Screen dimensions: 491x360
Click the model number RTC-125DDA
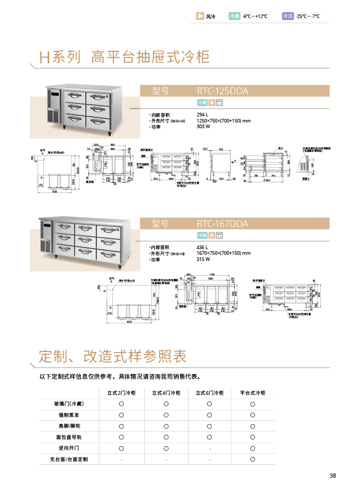tap(222, 91)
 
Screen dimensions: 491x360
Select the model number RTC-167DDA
tap(222, 224)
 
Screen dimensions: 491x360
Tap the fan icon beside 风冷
tap(200, 16)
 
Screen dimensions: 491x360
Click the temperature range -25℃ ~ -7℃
tap(308, 16)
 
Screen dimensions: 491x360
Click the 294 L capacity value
tap(202, 114)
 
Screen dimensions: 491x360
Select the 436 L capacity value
tap(202, 247)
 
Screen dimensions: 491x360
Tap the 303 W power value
tap(204, 127)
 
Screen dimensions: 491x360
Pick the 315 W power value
tap(204, 259)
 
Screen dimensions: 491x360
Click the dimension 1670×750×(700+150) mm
tap(224, 253)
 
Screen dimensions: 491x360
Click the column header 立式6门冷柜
tap(210, 393)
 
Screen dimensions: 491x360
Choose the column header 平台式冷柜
tap(253, 393)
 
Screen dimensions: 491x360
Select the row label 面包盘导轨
tap(68, 437)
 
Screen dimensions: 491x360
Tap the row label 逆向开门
tap(68, 448)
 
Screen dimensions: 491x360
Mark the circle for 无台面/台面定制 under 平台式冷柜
tap(253, 459)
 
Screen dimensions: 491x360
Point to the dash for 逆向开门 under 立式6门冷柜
tap(210, 448)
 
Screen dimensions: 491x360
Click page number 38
tap(332, 476)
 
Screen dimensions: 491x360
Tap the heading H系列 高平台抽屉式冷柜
tap(125, 57)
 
